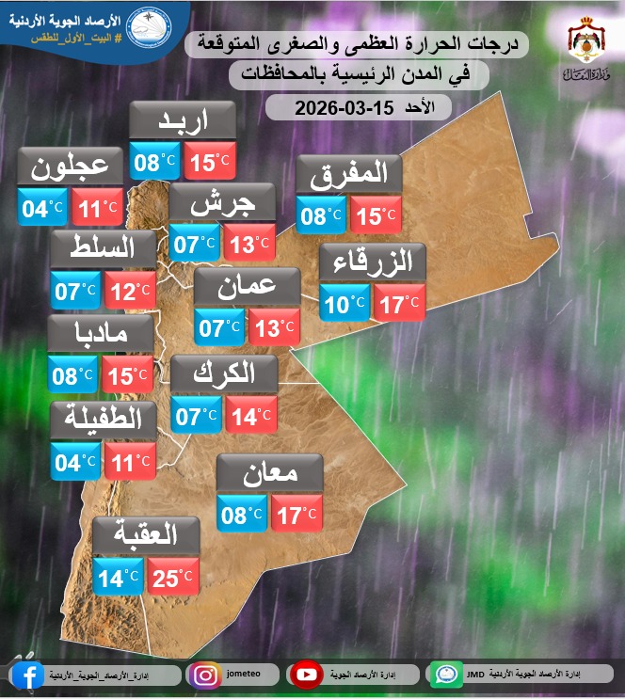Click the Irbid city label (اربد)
182,120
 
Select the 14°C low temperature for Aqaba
118,577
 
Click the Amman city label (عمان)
247,288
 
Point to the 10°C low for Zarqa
345,303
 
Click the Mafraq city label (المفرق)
349,174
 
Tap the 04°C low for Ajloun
42,207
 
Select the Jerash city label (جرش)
222,202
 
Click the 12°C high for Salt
129,291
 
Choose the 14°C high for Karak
250,415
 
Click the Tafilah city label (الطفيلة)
101,420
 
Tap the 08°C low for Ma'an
241,514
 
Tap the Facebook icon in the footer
27,675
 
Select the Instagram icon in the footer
204,675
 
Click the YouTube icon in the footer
306,675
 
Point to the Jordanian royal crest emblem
586,42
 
